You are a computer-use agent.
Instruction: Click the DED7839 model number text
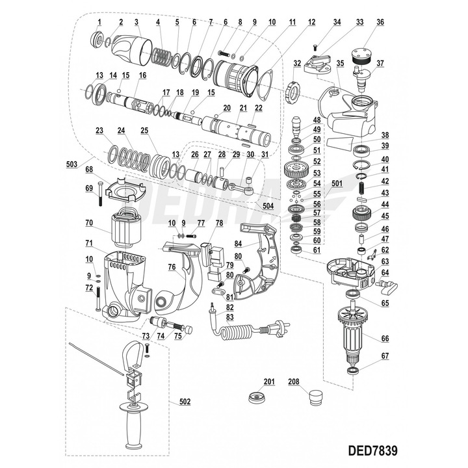coord(373,450)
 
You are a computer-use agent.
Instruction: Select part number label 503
coord(71,164)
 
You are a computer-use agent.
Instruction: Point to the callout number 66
coord(385,338)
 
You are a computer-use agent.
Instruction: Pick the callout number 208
coord(294,382)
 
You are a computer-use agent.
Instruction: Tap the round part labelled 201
coord(257,397)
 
